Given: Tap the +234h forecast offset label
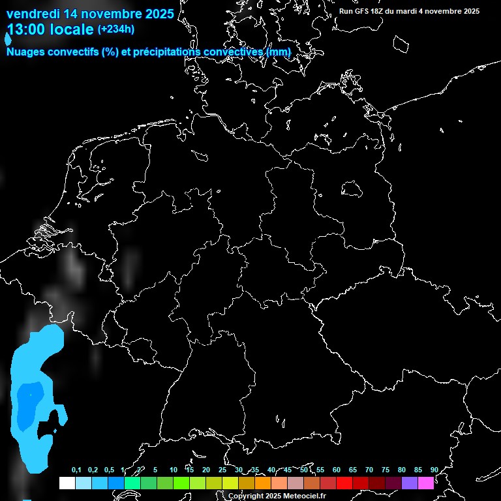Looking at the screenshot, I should tap(115, 29).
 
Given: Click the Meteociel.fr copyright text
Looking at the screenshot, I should tap(286, 496).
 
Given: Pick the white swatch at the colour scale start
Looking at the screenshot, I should tap(67, 483).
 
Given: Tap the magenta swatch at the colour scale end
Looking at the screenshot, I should tap(426, 483).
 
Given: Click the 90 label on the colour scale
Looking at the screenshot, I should tap(434, 470).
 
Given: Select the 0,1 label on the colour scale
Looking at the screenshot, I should tap(76, 470).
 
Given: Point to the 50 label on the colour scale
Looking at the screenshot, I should tap(304, 470).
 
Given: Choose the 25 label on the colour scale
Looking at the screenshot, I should tap(222, 470).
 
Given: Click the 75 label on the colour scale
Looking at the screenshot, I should tap(386, 470).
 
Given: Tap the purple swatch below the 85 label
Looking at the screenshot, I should tap(410, 483).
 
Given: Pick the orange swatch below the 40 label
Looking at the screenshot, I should tap(263, 483).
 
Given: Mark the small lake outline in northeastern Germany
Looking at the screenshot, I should tap(352, 189).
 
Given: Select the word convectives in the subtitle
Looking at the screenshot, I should tap(235, 52).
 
